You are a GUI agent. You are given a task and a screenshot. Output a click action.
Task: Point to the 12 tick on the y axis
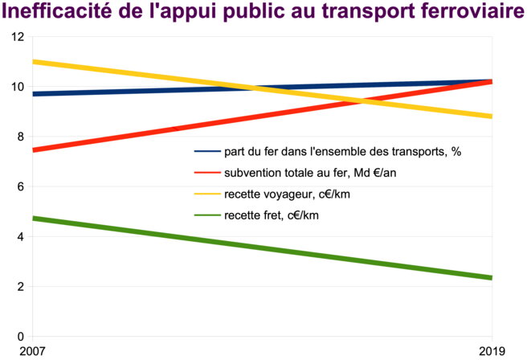click(x=18, y=37)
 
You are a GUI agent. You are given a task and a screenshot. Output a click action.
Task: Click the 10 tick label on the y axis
click(x=18, y=87)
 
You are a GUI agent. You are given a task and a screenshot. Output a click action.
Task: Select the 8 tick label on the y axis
click(x=21, y=137)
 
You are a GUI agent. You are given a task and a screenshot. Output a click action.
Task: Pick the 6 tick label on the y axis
click(x=21, y=186)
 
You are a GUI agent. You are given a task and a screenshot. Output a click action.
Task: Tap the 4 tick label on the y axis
click(x=21, y=236)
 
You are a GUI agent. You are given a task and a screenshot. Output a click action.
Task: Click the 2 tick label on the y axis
click(x=21, y=286)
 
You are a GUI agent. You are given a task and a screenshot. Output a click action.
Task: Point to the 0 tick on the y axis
click(x=21, y=336)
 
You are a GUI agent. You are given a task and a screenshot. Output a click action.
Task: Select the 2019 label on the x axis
click(x=492, y=350)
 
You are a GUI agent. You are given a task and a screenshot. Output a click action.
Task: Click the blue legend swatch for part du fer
click(x=207, y=151)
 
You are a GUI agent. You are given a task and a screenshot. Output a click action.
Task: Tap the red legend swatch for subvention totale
click(x=207, y=172)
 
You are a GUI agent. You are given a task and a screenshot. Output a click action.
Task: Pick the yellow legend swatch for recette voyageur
click(x=207, y=193)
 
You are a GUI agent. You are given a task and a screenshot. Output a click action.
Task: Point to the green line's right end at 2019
click(x=492, y=278)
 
